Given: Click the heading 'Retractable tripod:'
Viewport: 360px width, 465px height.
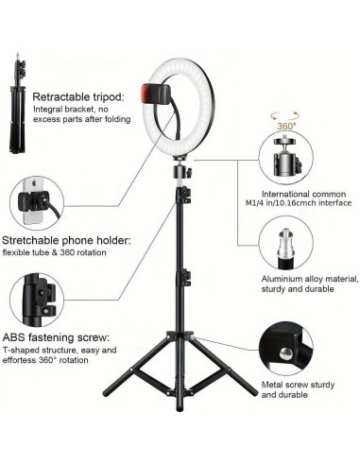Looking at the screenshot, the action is coord(76,96).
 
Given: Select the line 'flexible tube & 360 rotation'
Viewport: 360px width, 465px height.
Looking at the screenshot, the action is coord(66,253).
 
